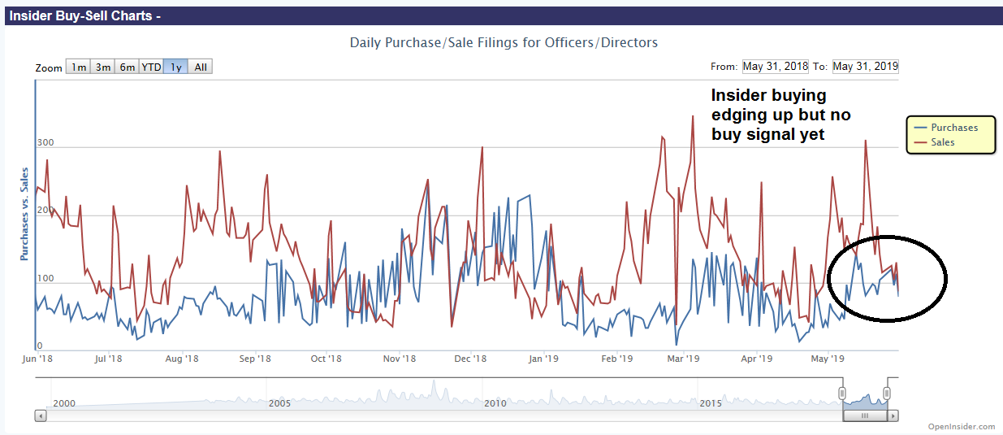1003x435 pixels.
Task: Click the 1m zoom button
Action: (78, 67)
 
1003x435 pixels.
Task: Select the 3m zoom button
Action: (102, 67)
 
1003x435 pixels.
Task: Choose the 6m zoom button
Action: (127, 67)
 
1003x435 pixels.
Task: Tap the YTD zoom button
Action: (151, 67)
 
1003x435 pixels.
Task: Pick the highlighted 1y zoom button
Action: (175, 67)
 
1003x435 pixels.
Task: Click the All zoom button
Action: (201, 67)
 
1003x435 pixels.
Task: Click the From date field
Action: (775, 67)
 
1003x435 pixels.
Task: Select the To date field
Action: (865, 67)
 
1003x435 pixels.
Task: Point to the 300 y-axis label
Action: (45, 143)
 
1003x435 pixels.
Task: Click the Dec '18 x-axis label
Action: (470, 359)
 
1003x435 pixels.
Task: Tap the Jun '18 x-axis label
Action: (37, 359)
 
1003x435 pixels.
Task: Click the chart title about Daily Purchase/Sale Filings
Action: (504, 42)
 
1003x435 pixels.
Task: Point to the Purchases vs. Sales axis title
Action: (24, 214)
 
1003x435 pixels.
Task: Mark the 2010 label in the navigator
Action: (495, 403)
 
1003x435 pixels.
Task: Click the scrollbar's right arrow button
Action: (893, 415)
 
